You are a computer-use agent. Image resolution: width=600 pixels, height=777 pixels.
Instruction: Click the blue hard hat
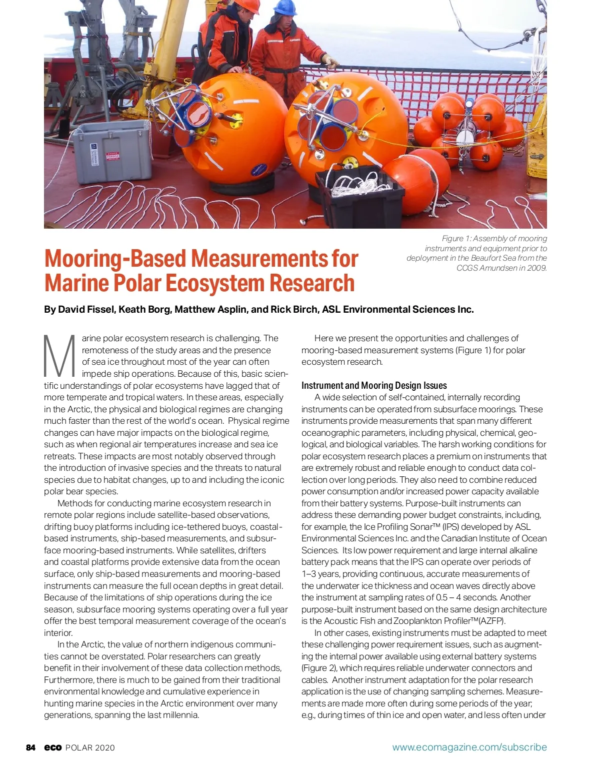pyautogui.click(x=285, y=8)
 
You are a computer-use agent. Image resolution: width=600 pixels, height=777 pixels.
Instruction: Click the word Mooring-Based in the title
pyautogui.click(x=117, y=259)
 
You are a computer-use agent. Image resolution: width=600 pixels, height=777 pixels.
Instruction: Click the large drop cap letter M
pyautogui.click(x=60, y=356)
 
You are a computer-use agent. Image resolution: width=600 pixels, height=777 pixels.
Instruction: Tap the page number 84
pyautogui.click(x=31, y=747)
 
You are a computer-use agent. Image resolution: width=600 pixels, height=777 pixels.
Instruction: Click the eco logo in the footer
pyautogui.click(x=52, y=747)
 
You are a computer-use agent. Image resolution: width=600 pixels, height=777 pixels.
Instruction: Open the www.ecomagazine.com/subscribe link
pyautogui.click(x=469, y=747)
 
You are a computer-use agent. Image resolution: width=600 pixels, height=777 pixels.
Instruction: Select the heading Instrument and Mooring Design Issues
pyautogui.click(x=374, y=385)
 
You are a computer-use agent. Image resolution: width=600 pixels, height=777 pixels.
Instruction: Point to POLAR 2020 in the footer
pyautogui.click(x=90, y=747)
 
